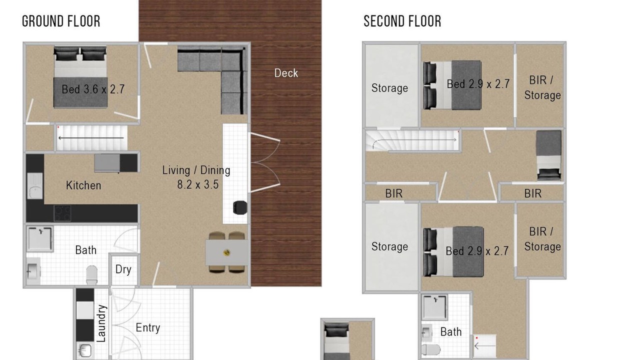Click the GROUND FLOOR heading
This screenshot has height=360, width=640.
[x=61, y=21]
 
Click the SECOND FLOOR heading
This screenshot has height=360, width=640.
[x=402, y=21]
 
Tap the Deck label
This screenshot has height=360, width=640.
[x=286, y=73]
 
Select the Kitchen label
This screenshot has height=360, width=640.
[x=83, y=185]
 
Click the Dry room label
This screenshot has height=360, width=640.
[x=123, y=269]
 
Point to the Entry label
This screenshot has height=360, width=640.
[x=147, y=327]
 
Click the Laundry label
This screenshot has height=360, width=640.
[x=101, y=323]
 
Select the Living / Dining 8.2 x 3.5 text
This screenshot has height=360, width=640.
[x=196, y=177]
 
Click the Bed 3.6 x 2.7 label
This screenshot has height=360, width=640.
[x=93, y=89]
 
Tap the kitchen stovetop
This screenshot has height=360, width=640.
[x=62, y=213]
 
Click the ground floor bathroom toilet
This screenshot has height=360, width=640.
[x=91, y=275]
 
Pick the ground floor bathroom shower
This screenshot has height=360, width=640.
[x=39, y=239]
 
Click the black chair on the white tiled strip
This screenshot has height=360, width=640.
[x=239, y=207]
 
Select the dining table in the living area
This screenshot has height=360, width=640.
[x=226, y=252]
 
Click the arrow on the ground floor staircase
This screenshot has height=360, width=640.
[x=91, y=138]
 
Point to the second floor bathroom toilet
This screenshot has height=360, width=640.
[x=431, y=349]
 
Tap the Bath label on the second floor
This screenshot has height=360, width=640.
[x=451, y=332]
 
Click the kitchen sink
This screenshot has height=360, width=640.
[x=35, y=185]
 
